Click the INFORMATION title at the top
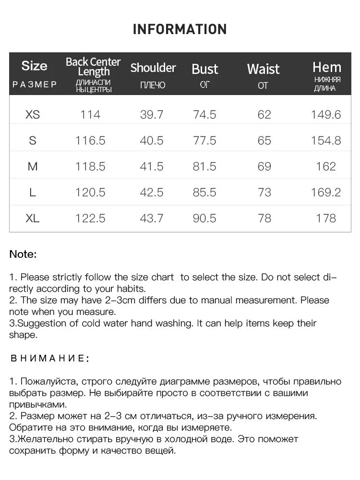tap(180, 29)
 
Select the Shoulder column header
tap(153, 68)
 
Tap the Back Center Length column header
tap(93, 67)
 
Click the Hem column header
tap(327, 67)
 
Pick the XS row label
tap(33, 115)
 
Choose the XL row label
tap(33, 218)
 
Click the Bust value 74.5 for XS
tap(204, 115)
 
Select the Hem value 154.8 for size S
tap(326, 141)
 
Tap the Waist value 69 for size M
tap(264, 167)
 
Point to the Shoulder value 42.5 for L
tap(151, 192)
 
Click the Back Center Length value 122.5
tap(90, 218)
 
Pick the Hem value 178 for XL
tap(326, 218)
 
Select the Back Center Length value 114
tap(90, 115)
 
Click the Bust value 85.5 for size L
tap(204, 192)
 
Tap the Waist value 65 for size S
tap(264, 141)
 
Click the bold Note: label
tap(23, 254)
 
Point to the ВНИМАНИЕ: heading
tap(49, 359)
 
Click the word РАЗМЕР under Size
tap(35, 85)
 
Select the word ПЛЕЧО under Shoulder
tap(153, 85)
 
